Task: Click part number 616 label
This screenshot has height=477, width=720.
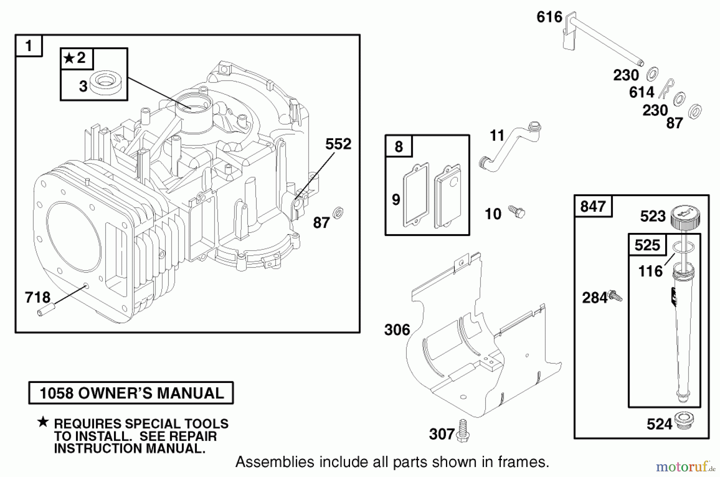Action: pyautogui.click(x=549, y=17)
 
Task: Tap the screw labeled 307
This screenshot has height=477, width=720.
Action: pyautogui.click(x=464, y=431)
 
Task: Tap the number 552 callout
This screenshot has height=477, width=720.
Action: pyautogui.click(x=338, y=144)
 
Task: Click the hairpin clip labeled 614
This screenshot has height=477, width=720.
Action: pyautogui.click(x=666, y=89)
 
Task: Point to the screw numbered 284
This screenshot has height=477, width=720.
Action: pyautogui.click(x=614, y=297)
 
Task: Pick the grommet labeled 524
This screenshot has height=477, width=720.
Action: pyautogui.click(x=684, y=421)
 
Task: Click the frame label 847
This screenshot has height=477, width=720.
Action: pyautogui.click(x=593, y=206)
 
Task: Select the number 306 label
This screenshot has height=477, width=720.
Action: pyautogui.click(x=397, y=330)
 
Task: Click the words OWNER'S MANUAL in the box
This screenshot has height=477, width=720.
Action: pyautogui.click(x=151, y=393)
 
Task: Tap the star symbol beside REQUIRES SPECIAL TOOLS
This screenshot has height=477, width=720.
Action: pyautogui.click(x=43, y=422)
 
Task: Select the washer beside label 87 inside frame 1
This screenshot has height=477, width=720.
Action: pyautogui.click(x=338, y=213)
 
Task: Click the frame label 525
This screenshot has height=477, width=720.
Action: pyautogui.click(x=647, y=245)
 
